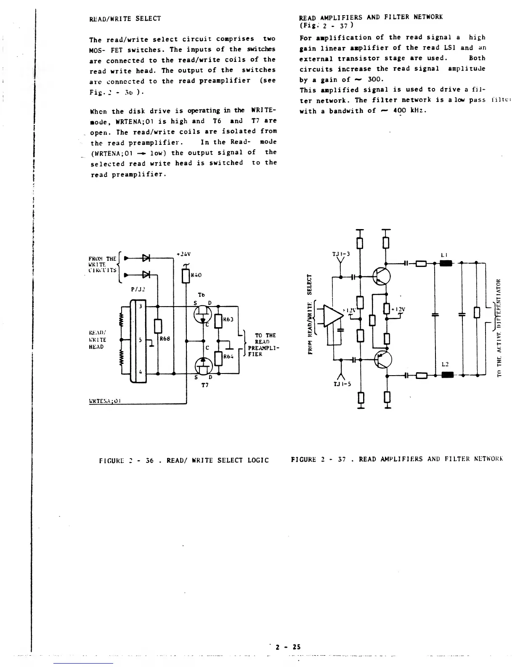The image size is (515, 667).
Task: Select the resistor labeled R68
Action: coord(157,326)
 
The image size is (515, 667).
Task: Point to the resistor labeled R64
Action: coord(218,358)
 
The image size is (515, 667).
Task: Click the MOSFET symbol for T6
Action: coord(203,315)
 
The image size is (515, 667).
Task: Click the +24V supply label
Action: coord(183,254)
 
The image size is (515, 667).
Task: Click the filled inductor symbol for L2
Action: coord(445,374)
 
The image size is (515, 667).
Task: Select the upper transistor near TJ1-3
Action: coord(382,276)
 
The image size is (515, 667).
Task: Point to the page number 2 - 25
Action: coord(288,647)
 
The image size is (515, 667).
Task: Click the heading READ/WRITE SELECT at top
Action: coord(125,19)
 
